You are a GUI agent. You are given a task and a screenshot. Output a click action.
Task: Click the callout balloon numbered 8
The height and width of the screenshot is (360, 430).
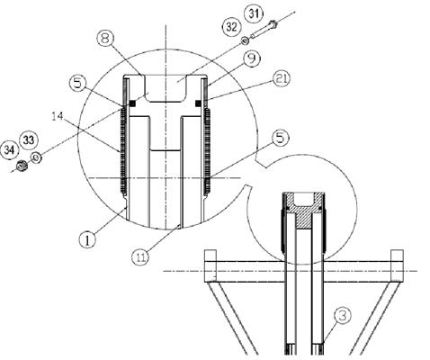[x=105, y=40]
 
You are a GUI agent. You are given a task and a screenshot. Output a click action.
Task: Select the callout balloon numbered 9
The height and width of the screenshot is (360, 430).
[x=252, y=58]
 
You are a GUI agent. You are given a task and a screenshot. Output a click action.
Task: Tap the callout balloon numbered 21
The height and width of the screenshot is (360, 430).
[x=282, y=79]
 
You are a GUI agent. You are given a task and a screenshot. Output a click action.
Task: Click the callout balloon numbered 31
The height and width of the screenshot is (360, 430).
[x=255, y=14]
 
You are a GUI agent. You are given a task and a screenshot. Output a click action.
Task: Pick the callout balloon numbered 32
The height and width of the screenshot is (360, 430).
[x=231, y=27]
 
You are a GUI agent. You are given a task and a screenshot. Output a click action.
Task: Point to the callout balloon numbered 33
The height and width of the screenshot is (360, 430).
[x=29, y=139]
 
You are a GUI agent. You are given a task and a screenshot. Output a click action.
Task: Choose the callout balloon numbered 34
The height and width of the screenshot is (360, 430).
[x=10, y=149]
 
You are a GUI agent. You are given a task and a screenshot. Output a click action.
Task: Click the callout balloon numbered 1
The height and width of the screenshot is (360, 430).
[x=87, y=240]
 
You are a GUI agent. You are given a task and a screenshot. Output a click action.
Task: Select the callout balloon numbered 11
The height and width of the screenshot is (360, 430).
[x=140, y=256]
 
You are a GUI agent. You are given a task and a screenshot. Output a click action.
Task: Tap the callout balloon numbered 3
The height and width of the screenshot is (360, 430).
[x=343, y=315]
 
